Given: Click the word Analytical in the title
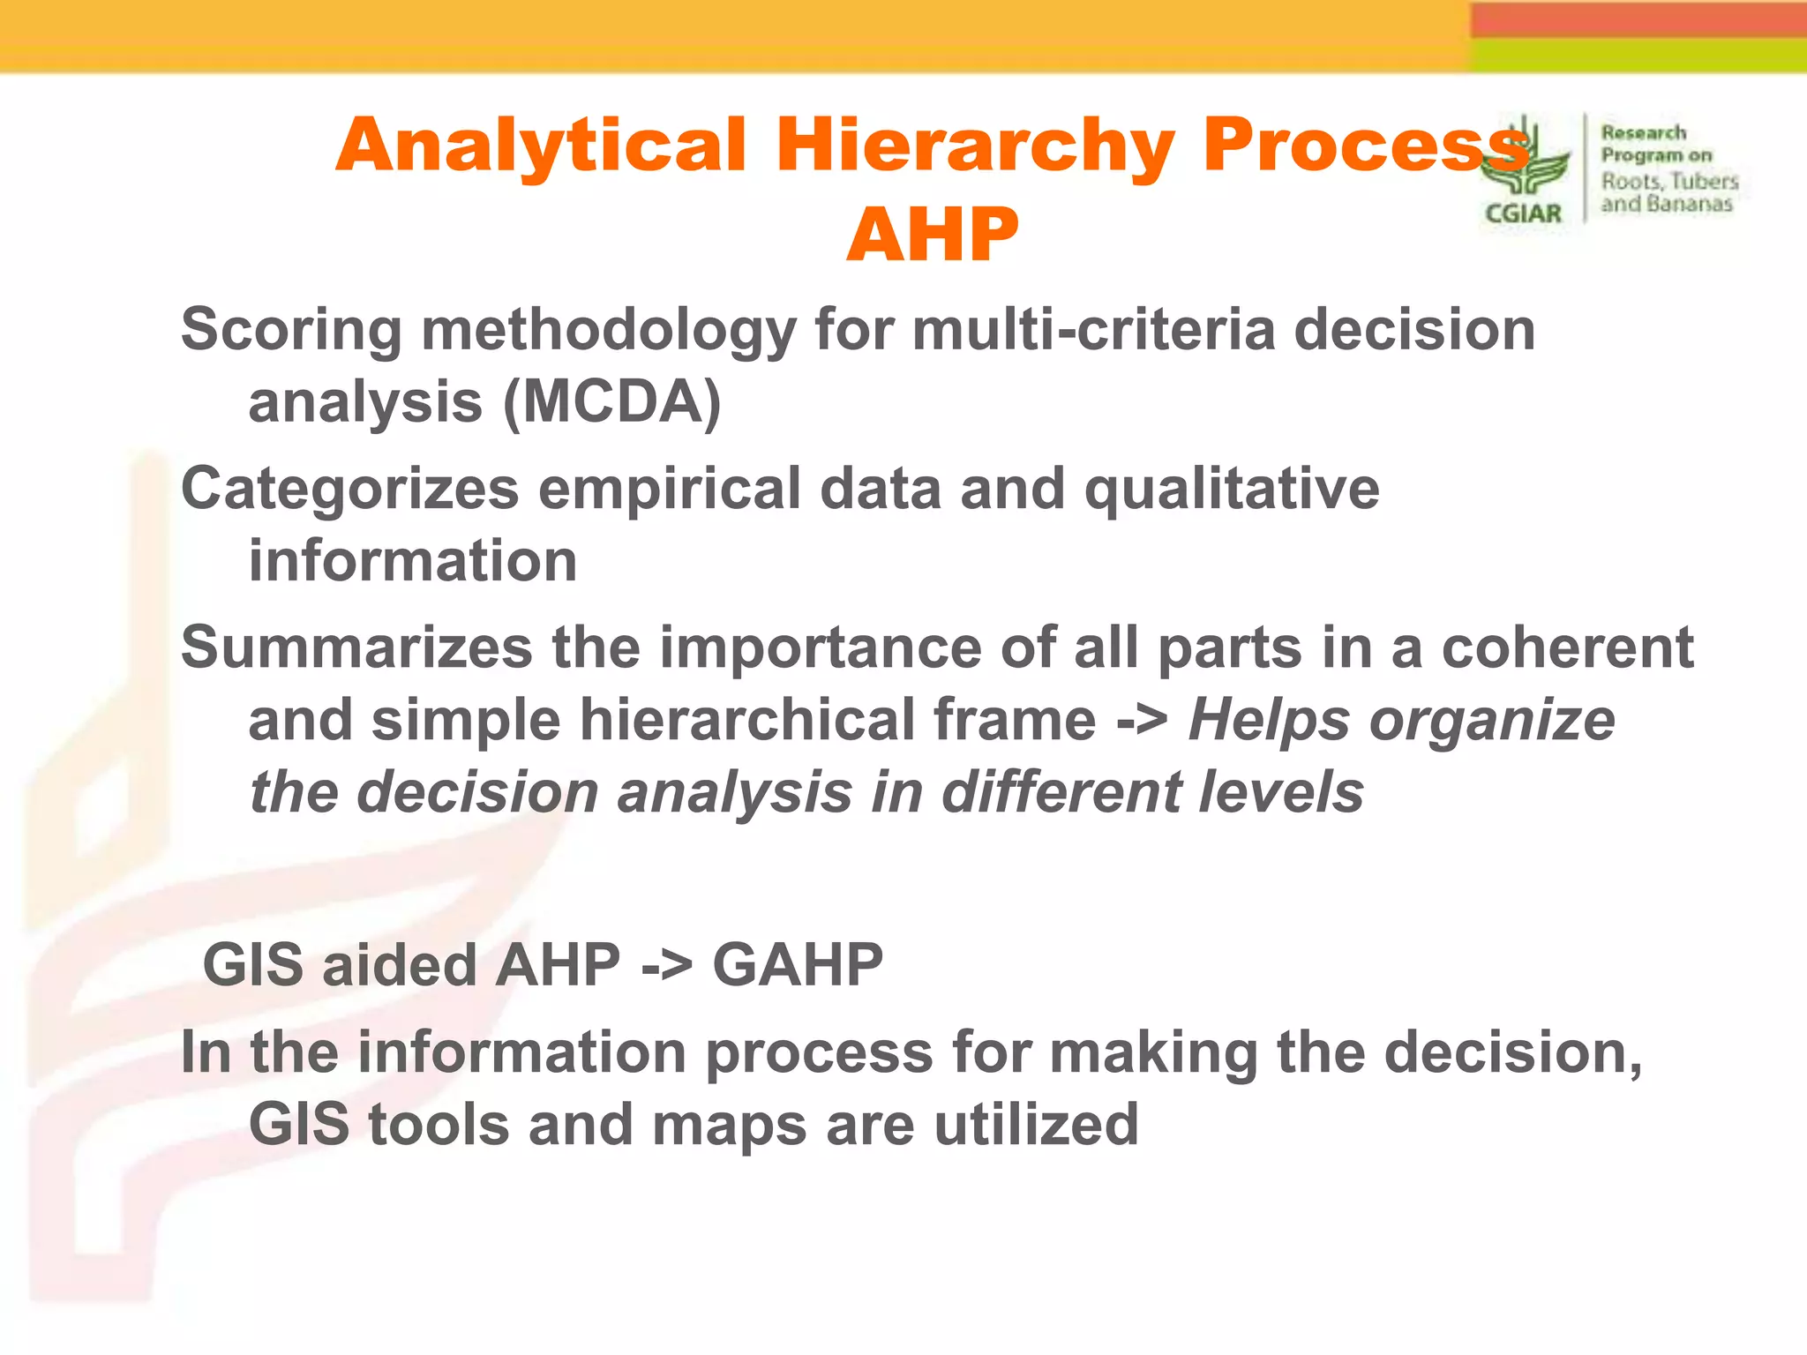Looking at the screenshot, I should click(x=540, y=146).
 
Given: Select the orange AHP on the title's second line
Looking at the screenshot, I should click(x=932, y=235).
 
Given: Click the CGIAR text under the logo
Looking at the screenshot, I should click(x=1523, y=213).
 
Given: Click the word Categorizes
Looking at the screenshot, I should click(x=349, y=489).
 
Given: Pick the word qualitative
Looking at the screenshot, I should click(x=1231, y=489).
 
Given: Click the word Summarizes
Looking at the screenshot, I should click(x=356, y=648).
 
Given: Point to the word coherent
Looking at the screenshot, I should click(x=1567, y=648).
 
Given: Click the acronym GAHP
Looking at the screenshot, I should click(x=797, y=965).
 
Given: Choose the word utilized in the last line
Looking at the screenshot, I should click(x=1036, y=1125).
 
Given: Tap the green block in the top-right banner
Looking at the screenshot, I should click(x=1638, y=55).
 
